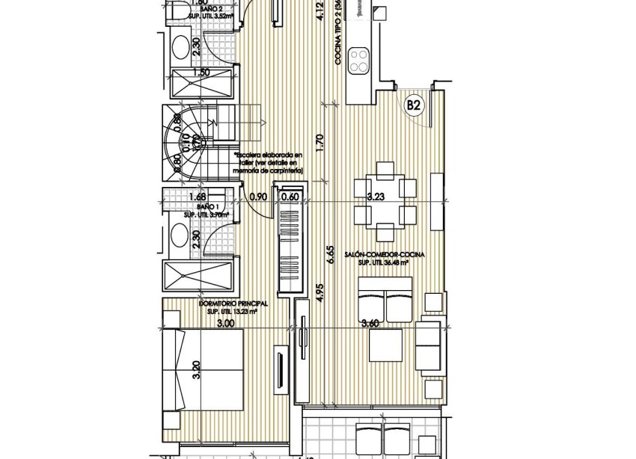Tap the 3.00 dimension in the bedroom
[x=224, y=324]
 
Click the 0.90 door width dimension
[x=258, y=197]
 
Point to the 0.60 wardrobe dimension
[x=290, y=197]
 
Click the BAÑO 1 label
[x=207, y=207]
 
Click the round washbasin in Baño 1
[x=180, y=237]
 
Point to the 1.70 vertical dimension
[x=319, y=143]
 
